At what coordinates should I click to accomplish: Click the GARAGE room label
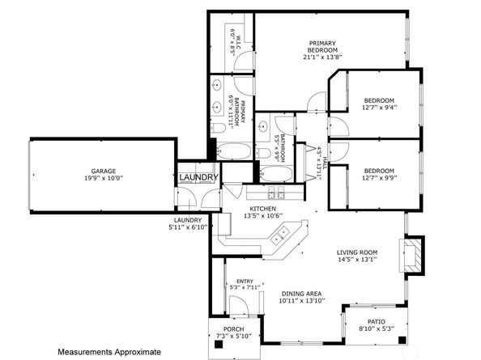click(104, 171)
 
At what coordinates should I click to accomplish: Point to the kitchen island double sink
click(282, 235)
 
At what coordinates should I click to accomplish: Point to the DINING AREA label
click(302, 293)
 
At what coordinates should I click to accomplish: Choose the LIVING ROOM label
click(358, 252)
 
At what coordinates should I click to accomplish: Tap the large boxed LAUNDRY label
click(199, 177)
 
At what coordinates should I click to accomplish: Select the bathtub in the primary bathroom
click(234, 151)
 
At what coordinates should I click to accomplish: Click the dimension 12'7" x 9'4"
click(378, 109)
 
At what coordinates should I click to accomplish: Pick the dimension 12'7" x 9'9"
click(378, 180)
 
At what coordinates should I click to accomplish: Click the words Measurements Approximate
click(109, 352)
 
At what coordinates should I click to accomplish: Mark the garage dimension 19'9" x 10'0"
click(104, 179)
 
